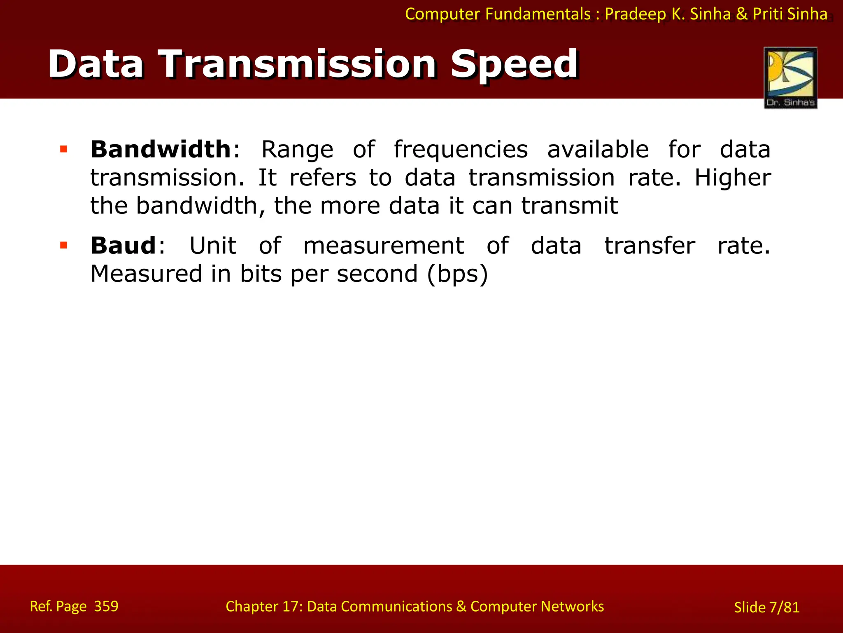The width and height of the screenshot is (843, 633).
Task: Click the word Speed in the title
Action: pyautogui.click(x=514, y=65)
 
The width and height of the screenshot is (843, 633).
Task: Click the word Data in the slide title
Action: pyautogui.click(x=96, y=64)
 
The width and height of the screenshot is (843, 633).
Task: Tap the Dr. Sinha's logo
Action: pyautogui.click(x=790, y=78)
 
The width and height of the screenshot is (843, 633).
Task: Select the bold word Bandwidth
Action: pyautogui.click(x=161, y=149)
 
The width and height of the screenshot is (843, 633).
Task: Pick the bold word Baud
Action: pyautogui.click(x=123, y=246)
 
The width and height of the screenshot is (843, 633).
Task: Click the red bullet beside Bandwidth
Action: pyautogui.click(x=63, y=149)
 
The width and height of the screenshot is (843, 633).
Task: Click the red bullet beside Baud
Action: pyautogui.click(x=63, y=246)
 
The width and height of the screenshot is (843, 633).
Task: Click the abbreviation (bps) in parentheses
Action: pyautogui.click(x=457, y=274)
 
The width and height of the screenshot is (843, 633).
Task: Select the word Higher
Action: pyautogui.click(x=733, y=178)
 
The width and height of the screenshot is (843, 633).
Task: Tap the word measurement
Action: pyautogui.click(x=384, y=246)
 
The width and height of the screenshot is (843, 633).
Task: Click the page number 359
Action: pyautogui.click(x=106, y=606)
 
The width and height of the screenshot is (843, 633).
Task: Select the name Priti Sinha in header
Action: pyautogui.click(x=790, y=14)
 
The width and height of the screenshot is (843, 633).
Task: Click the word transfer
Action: pyautogui.click(x=650, y=246)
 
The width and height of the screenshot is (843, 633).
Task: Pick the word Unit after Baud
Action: pyautogui.click(x=213, y=246)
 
